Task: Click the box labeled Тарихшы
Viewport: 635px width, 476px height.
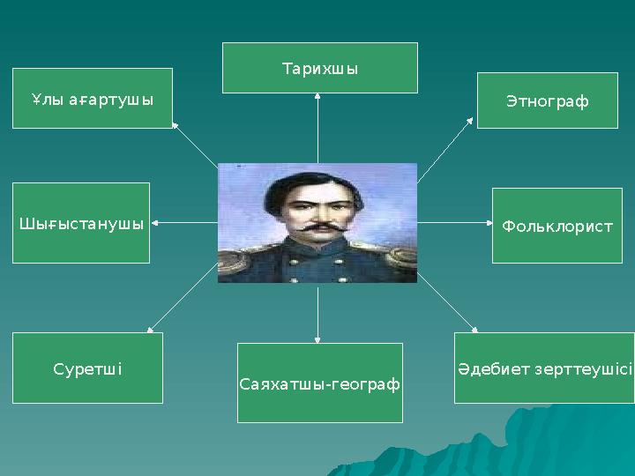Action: click(x=319, y=68)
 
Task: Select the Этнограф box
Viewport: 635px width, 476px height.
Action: click(x=547, y=101)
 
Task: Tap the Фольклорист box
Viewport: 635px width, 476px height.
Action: click(x=557, y=226)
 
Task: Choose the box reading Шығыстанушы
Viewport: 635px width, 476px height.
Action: click(x=81, y=223)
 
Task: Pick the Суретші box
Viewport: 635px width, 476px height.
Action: click(x=87, y=368)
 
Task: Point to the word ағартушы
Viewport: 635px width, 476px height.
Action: click(x=110, y=100)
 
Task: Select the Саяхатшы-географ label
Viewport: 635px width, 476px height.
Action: click(x=319, y=385)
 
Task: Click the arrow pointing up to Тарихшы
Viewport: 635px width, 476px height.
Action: click(x=317, y=127)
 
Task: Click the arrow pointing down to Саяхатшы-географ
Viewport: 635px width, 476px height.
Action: click(x=317, y=314)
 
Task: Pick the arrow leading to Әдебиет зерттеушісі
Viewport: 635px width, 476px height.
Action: click(x=446, y=302)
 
